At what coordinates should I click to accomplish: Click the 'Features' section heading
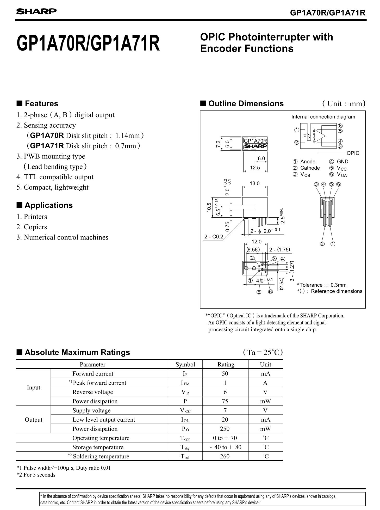41,104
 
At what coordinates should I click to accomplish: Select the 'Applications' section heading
49,205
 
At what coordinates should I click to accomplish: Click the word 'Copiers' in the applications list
35,227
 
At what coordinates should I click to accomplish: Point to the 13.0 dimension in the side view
254,183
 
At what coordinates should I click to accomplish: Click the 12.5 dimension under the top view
255,168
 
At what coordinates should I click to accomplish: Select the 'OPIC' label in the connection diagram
353,153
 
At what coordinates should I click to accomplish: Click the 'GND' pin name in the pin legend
342,162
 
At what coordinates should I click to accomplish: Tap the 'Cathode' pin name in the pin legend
310,168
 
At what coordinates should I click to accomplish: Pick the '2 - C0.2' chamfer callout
214,237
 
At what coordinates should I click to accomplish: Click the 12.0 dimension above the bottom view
256,242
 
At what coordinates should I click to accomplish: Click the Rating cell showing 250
225,429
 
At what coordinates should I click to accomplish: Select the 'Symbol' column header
185,364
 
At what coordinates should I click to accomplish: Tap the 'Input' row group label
34,388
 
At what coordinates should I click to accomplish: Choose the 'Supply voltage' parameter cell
91,410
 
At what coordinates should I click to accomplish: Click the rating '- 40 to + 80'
225,447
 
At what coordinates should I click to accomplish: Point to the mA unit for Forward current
265,374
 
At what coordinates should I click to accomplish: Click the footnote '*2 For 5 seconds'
36,475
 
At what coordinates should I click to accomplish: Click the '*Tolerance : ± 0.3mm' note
322,285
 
